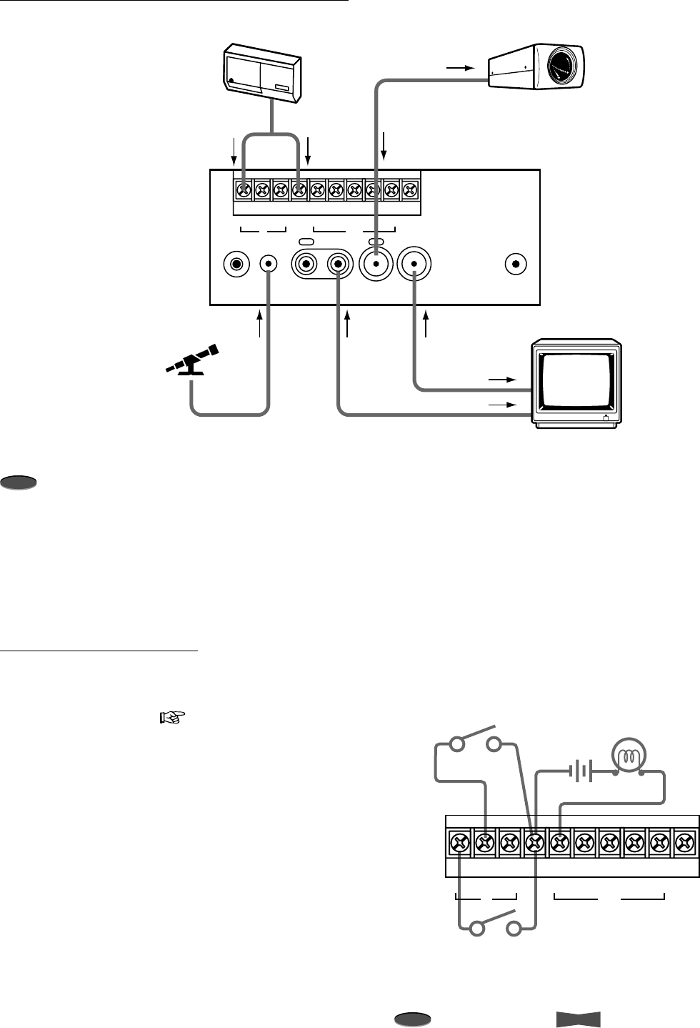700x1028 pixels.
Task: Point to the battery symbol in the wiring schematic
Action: (581, 771)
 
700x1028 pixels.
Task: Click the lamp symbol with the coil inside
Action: (629, 756)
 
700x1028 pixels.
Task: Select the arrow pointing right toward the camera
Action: (460, 68)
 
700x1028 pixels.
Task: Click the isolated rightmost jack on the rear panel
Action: (516, 264)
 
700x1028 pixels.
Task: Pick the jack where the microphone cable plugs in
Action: (269, 264)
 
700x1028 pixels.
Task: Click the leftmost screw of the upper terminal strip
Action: (244, 190)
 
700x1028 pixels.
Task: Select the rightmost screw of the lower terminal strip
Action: (684, 845)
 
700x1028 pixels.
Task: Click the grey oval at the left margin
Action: (19, 483)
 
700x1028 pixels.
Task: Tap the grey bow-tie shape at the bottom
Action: (578, 1019)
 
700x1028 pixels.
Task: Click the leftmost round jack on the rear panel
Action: (235, 264)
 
